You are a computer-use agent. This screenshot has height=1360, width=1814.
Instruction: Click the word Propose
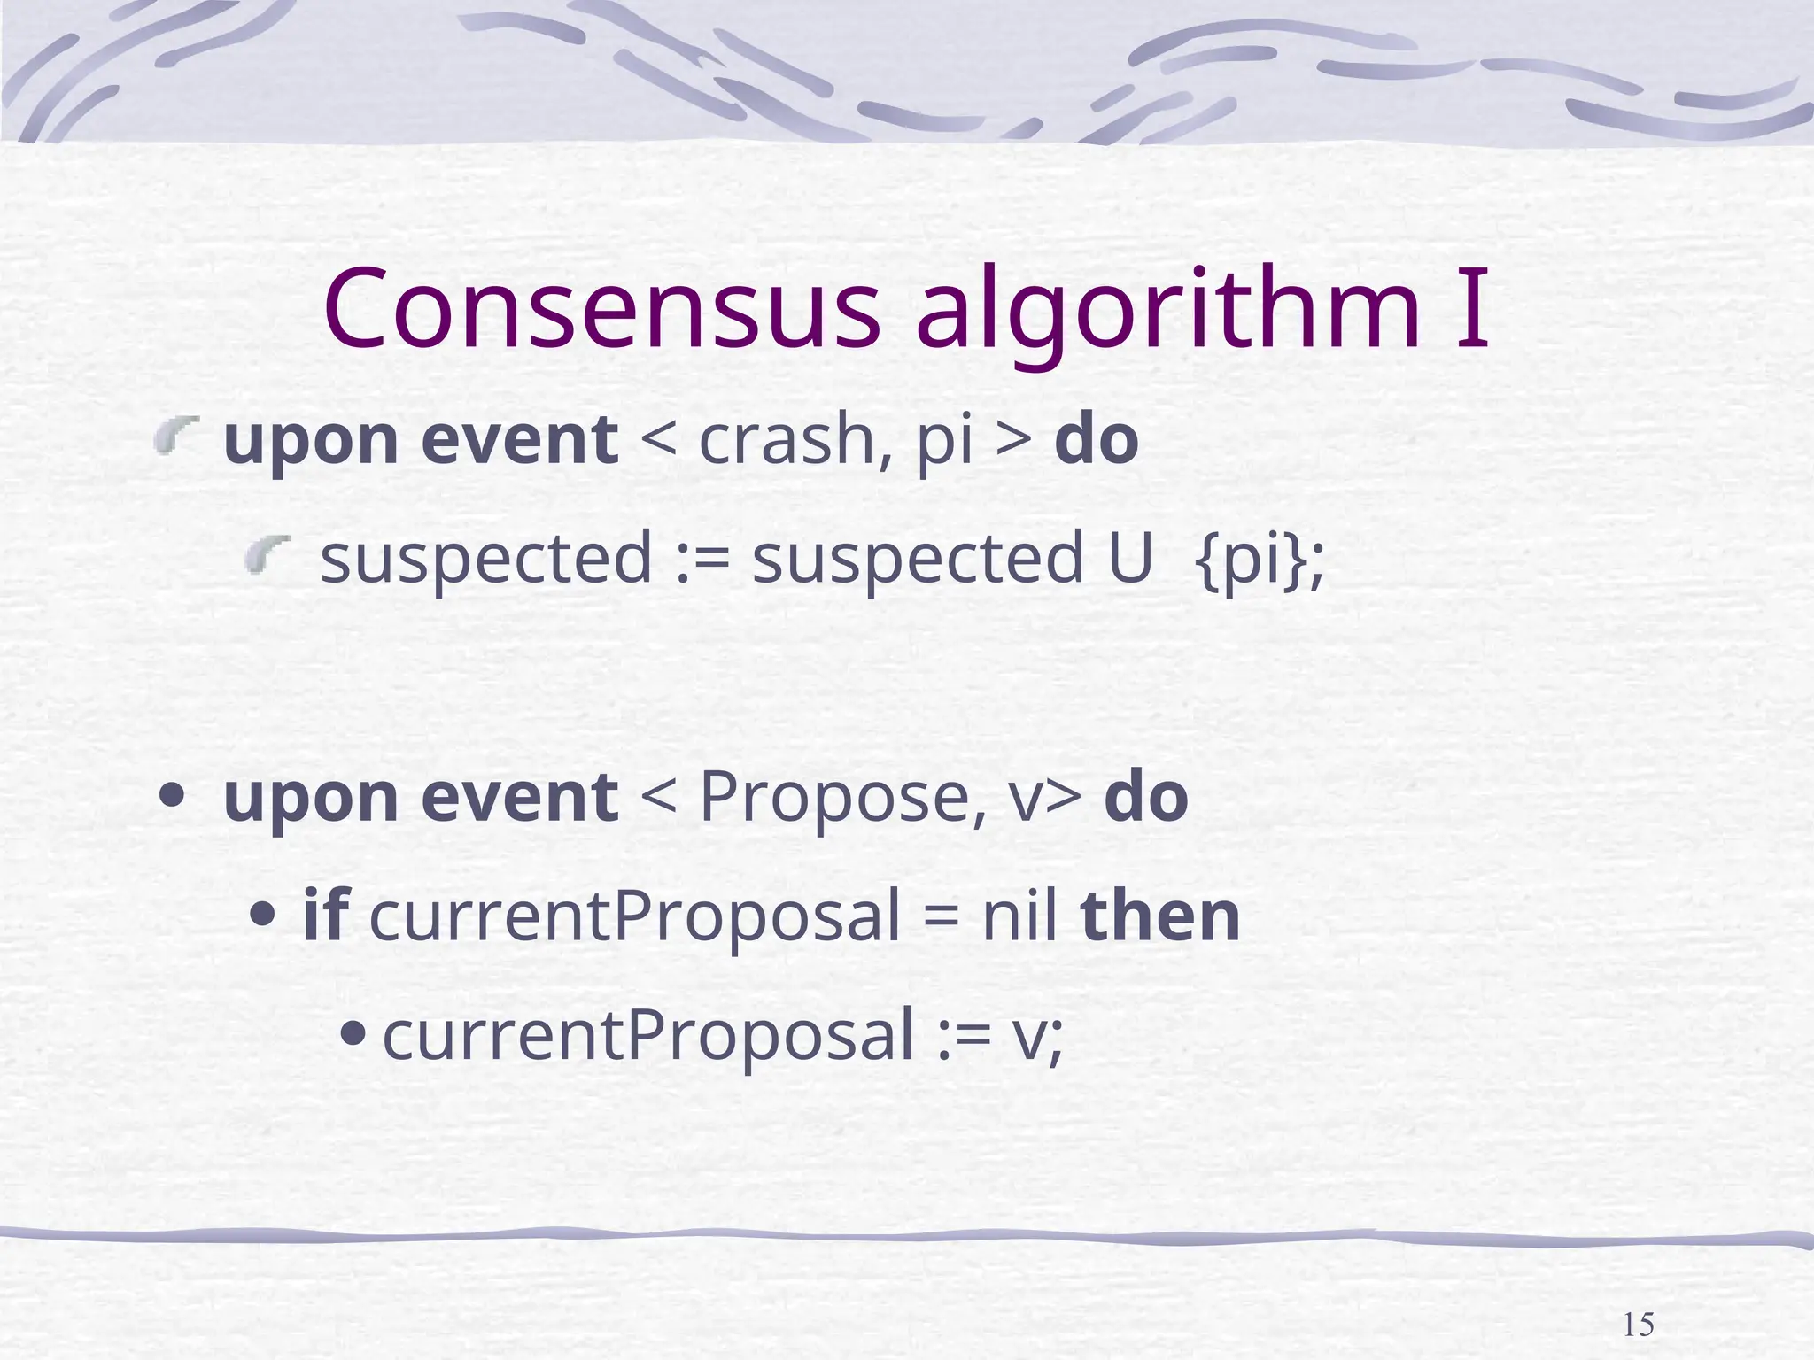(x=841, y=797)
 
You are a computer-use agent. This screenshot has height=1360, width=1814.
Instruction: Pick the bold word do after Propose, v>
(x=1146, y=797)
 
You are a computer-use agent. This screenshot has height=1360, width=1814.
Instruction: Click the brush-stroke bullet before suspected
(x=267, y=555)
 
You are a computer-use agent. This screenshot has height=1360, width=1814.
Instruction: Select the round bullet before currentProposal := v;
(x=353, y=1032)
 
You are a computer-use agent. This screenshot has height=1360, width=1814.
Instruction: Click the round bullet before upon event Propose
(x=171, y=795)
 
